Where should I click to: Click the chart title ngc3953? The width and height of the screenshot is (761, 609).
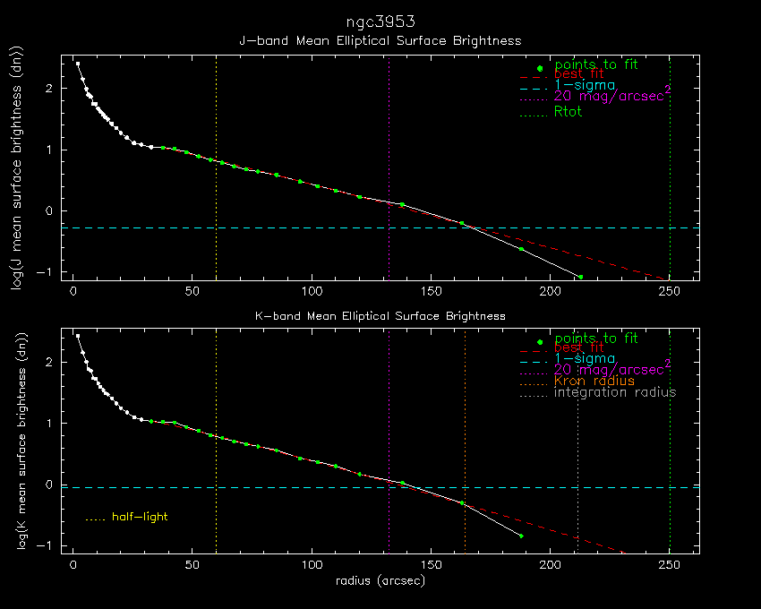(x=380, y=21)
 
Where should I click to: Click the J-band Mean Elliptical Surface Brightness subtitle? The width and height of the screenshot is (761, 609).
(x=380, y=41)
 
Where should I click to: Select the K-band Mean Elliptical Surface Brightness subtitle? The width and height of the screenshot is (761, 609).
(x=380, y=316)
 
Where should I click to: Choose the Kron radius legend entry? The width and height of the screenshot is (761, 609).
(x=594, y=381)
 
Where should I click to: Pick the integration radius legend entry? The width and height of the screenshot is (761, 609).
(x=615, y=392)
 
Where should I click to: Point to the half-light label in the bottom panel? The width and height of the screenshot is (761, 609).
(x=140, y=517)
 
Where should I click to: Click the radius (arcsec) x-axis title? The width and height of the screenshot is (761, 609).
(x=380, y=581)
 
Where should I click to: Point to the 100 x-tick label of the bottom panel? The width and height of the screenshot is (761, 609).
(x=312, y=566)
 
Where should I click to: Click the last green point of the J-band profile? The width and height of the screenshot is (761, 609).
(x=580, y=277)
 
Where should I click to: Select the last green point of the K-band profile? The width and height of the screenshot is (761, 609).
(x=521, y=536)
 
